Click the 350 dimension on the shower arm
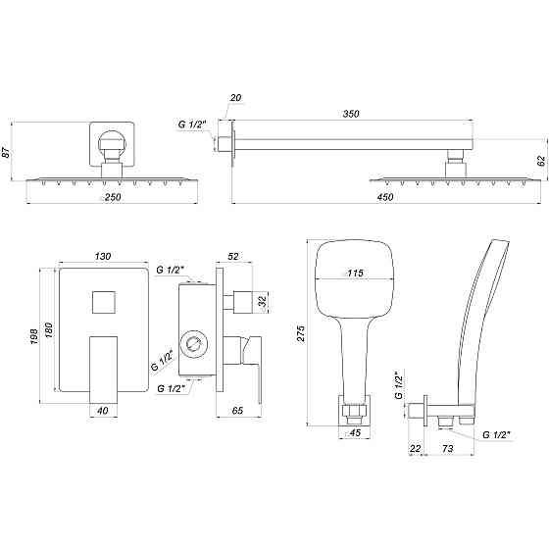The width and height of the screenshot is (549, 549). [x=352, y=114]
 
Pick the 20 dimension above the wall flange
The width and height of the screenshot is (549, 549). [x=234, y=98]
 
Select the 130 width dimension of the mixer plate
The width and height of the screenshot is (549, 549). [x=102, y=257]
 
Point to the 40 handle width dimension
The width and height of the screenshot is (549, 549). [x=103, y=412]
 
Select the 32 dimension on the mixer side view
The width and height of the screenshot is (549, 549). [x=261, y=301]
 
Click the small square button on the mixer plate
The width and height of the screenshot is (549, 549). [x=102, y=302]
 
